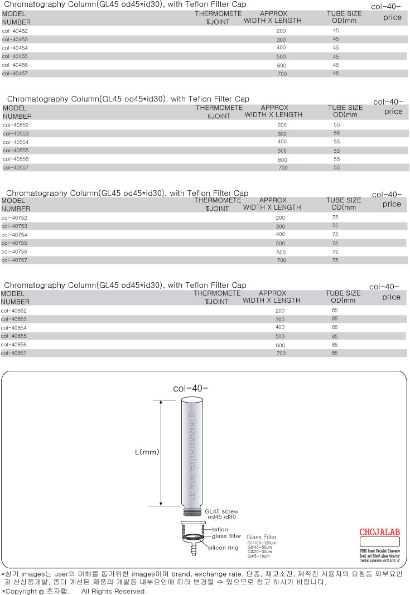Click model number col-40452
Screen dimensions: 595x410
[x=15, y=31]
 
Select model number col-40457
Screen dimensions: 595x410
[x=15, y=73]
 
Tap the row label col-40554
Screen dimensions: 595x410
[x=16, y=142]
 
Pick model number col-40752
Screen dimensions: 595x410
[x=15, y=217]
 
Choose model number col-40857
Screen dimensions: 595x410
[x=15, y=353]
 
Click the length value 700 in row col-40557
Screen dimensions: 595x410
[x=283, y=167]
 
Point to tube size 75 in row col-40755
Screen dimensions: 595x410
[x=335, y=243]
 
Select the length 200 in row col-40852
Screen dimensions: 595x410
[x=280, y=311]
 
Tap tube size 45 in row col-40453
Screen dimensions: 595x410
[x=336, y=40]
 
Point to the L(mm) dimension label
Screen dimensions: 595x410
[x=147, y=452]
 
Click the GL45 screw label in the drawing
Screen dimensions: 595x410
[x=221, y=511]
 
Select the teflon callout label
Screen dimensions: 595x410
[x=220, y=529]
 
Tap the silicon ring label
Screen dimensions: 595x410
[x=223, y=548]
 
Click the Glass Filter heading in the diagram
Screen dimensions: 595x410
[x=262, y=536]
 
